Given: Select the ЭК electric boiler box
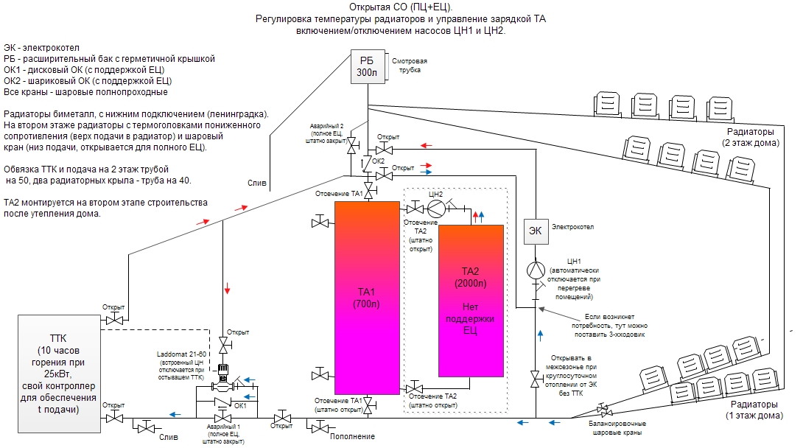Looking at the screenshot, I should (536, 231).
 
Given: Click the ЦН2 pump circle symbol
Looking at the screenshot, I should (436, 207).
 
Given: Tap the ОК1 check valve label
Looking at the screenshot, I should (240, 405).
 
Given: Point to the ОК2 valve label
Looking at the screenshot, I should (379, 161).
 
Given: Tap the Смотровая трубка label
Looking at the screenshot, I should (410, 66).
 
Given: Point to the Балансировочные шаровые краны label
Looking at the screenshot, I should (616, 428).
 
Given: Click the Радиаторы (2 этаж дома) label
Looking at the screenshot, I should (749, 137).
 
